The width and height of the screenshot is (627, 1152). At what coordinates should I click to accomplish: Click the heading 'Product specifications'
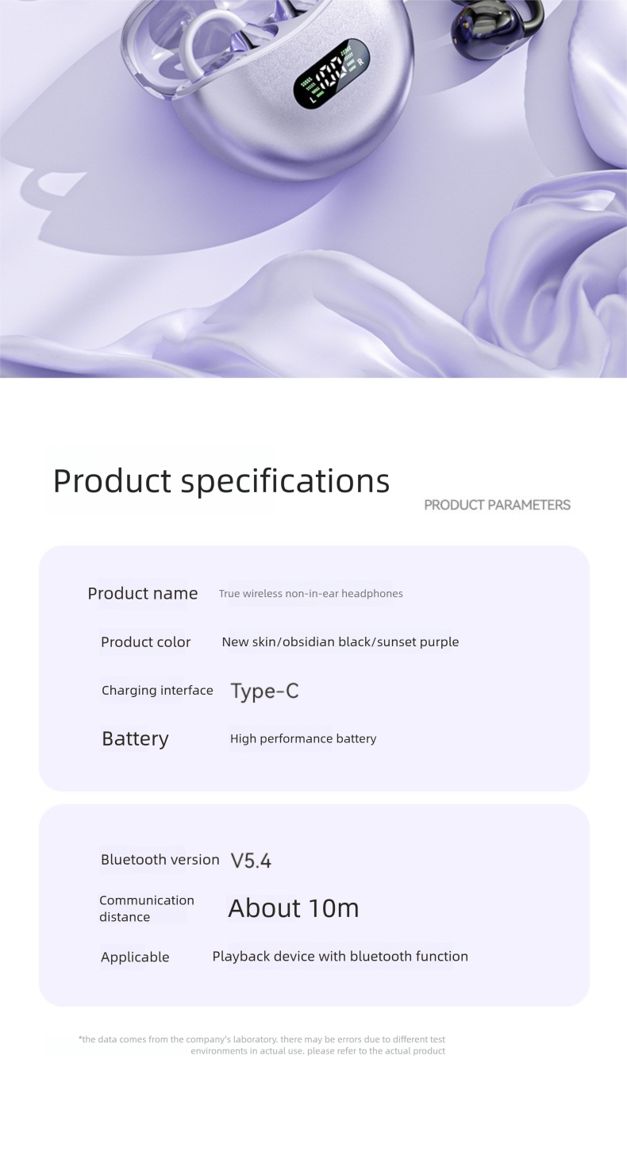(x=221, y=480)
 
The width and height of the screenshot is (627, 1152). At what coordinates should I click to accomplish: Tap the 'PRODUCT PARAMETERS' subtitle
(x=497, y=505)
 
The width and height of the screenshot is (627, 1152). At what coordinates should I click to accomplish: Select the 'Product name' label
(x=142, y=593)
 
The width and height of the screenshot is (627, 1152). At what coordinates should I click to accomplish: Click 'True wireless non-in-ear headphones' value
(x=310, y=594)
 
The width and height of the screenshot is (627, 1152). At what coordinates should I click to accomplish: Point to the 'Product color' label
(x=145, y=641)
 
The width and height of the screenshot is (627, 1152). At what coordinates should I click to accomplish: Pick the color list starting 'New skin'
(x=340, y=641)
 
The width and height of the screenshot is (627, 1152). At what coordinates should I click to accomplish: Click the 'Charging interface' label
(x=157, y=690)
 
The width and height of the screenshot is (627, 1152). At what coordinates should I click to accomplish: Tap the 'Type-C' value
(x=264, y=691)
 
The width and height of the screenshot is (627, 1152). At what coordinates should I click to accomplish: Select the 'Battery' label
(x=135, y=738)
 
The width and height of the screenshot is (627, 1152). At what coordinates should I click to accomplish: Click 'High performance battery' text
(x=302, y=738)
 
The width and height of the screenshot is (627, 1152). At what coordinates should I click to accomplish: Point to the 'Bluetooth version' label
(x=160, y=859)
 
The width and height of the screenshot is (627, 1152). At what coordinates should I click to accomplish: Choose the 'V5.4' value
(x=251, y=861)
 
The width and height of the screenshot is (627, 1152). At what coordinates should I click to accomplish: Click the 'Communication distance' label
(x=146, y=908)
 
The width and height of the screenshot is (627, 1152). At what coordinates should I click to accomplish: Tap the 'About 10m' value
(x=293, y=908)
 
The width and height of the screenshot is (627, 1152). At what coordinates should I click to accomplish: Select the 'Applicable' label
(x=135, y=957)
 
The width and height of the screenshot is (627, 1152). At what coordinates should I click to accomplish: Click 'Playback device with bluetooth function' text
(x=340, y=956)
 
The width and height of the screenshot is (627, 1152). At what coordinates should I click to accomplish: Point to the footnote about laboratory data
(x=262, y=1045)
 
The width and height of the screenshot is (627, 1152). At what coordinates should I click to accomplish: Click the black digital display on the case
(x=332, y=73)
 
